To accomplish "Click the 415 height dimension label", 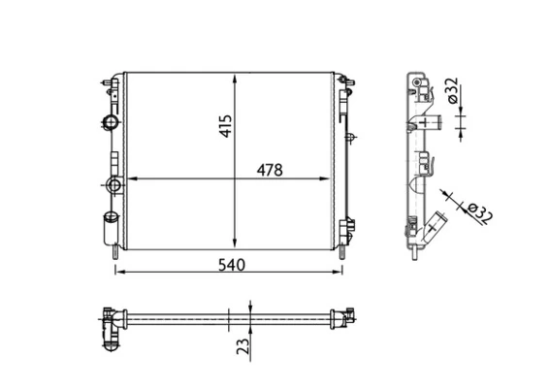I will (x=226, y=126).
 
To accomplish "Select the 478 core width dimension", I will (x=269, y=170).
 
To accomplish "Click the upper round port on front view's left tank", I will (x=111, y=122).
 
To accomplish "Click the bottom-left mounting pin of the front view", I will (x=115, y=254).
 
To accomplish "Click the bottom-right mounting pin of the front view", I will (x=342, y=254).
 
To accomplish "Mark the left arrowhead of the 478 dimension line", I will (x=133, y=179).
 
